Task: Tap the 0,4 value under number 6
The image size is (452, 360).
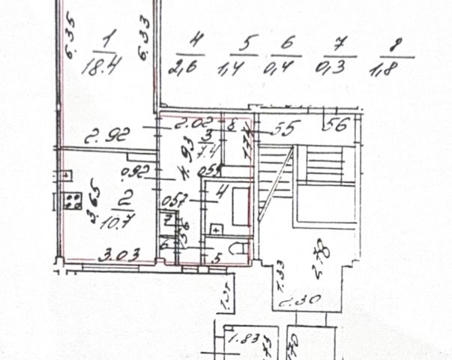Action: tap(281, 69)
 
